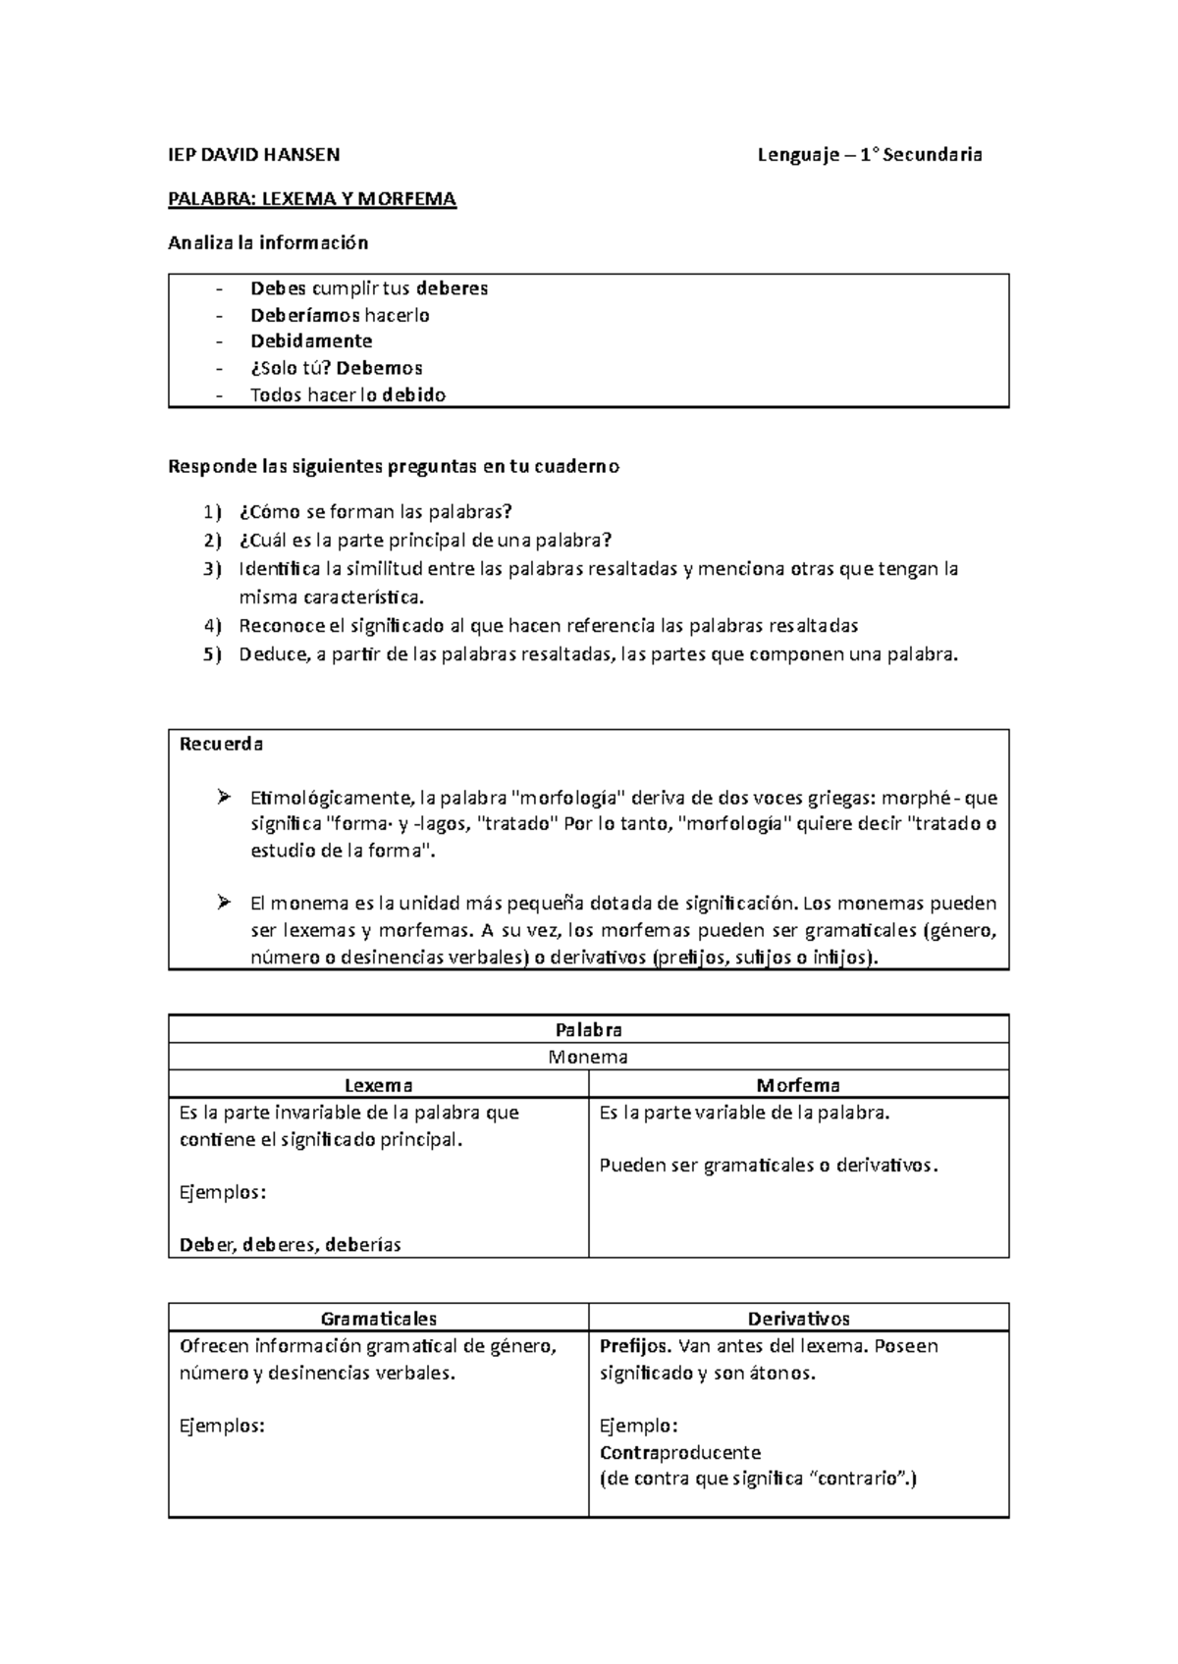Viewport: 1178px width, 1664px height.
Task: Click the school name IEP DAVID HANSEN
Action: pos(254,155)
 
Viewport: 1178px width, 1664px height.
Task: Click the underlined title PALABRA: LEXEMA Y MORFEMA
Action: pos(312,200)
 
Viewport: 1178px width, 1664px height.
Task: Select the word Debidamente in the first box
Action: pos(311,341)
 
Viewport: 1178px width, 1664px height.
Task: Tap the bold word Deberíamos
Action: pos(305,315)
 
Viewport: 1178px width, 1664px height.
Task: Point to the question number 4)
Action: pos(213,626)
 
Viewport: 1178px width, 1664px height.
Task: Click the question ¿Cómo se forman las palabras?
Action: pos(376,512)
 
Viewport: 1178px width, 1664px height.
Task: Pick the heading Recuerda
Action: pos(221,744)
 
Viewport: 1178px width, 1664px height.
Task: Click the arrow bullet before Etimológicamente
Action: pos(223,796)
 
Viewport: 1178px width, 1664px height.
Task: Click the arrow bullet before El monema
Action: pos(223,902)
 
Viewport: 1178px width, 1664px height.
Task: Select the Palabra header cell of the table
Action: pos(588,1030)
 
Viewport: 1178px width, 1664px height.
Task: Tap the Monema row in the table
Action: pos(588,1058)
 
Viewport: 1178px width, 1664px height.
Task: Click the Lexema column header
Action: pos(378,1085)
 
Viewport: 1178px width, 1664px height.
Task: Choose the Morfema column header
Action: pos(797,1085)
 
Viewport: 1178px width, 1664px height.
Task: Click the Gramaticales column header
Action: pos(378,1319)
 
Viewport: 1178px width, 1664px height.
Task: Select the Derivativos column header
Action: pos(798,1319)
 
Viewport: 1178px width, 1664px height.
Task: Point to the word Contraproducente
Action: pos(680,1452)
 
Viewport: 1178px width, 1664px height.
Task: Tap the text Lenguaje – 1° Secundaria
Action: pos(870,155)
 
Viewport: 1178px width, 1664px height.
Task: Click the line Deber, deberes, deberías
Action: pos(291,1245)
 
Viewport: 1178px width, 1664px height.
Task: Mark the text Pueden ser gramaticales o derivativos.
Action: pos(769,1166)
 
